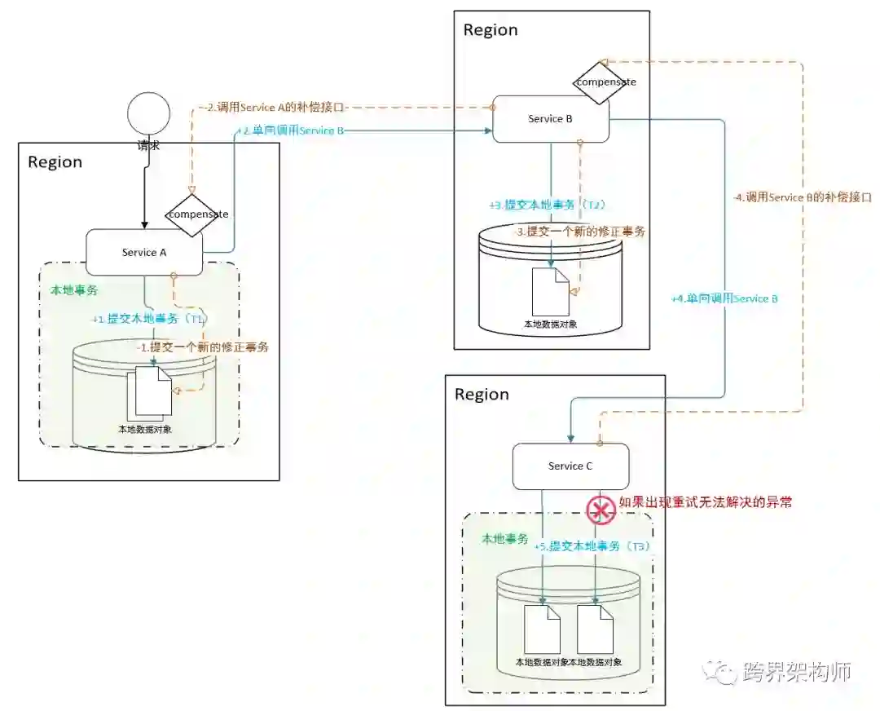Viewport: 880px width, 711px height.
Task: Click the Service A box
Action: pyautogui.click(x=144, y=252)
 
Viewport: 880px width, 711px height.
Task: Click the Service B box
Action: pyautogui.click(x=550, y=119)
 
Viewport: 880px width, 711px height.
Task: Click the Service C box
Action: pyautogui.click(x=570, y=466)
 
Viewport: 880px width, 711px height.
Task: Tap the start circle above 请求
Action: pyautogui.click(x=148, y=114)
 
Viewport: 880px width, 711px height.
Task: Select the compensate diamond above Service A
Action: pyautogui.click(x=197, y=214)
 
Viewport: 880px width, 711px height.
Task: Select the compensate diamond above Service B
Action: pyautogui.click(x=605, y=82)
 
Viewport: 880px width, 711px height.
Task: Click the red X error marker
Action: pyautogui.click(x=601, y=510)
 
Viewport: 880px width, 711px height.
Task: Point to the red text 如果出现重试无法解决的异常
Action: pyautogui.click(x=705, y=502)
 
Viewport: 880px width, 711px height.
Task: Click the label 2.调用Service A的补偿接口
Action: pyautogui.click(x=276, y=107)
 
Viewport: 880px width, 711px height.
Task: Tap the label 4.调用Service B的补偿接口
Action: pyautogui.click(x=803, y=197)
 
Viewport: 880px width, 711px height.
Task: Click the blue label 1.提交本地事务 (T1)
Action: pyautogui.click(x=150, y=319)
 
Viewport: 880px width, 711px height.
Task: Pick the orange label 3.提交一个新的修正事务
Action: pyautogui.click(x=580, y=232)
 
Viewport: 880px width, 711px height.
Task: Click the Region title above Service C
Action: pyautogui.click(x=482, y=395)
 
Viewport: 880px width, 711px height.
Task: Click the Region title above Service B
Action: pyautogui.click(x=491, y=30)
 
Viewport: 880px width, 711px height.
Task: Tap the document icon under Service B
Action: pyautogui.click(x=550, y=291)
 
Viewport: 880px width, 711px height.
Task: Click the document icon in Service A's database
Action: pyautogui.click(x=152, y=391)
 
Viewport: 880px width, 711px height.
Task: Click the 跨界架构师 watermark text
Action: pyautogui.click(x=796, y=672)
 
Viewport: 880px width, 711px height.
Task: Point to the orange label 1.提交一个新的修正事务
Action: pyautogui.click(x=204, y=347)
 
